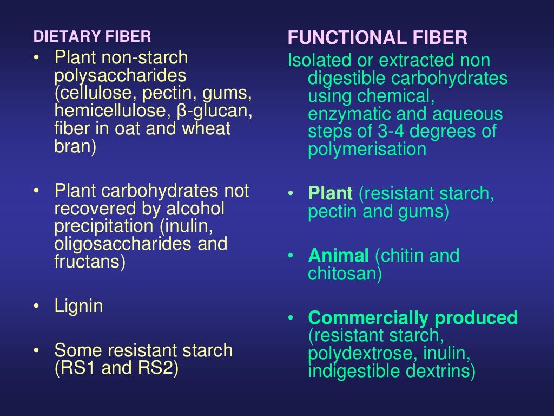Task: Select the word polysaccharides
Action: [x=120, y=75]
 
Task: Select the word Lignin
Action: [x=78, y=306]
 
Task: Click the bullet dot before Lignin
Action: [x=36, y=307]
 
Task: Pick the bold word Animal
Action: [x=339, y=255]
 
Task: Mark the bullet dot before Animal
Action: [x=291, y=256]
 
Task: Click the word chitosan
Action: [x=342, y=274]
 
